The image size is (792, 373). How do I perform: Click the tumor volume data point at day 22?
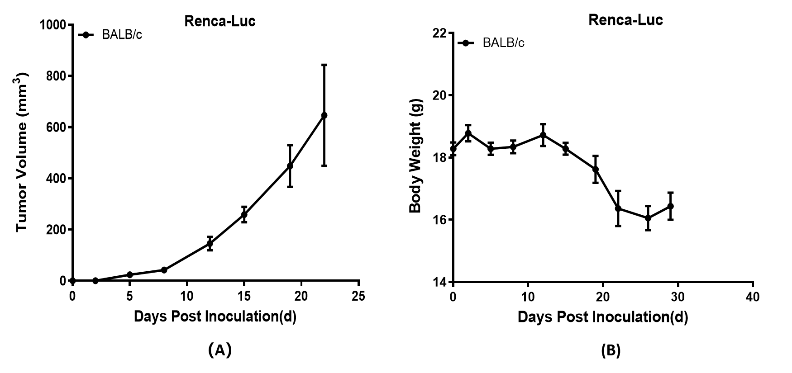324,115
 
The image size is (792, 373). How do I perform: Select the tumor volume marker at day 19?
290,166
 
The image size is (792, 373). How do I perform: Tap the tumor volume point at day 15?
244,214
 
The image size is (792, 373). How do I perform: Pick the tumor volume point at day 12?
210,244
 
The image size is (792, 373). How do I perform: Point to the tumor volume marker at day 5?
129,274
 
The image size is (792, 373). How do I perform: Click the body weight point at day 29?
670,206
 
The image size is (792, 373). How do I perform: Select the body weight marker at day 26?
648,218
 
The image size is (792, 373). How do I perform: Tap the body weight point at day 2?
468,133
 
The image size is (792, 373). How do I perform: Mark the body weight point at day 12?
543,135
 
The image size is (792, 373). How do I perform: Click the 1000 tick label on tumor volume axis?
53,24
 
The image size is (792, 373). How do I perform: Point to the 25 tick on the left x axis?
358,296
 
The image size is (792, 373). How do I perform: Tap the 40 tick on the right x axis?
753,297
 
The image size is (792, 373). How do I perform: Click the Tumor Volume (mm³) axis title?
23,152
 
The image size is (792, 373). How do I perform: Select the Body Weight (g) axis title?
415,157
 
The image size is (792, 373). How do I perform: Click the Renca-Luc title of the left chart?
220,21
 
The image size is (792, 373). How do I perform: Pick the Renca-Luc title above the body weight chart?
625,20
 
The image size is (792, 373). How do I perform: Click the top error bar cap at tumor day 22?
324,65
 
